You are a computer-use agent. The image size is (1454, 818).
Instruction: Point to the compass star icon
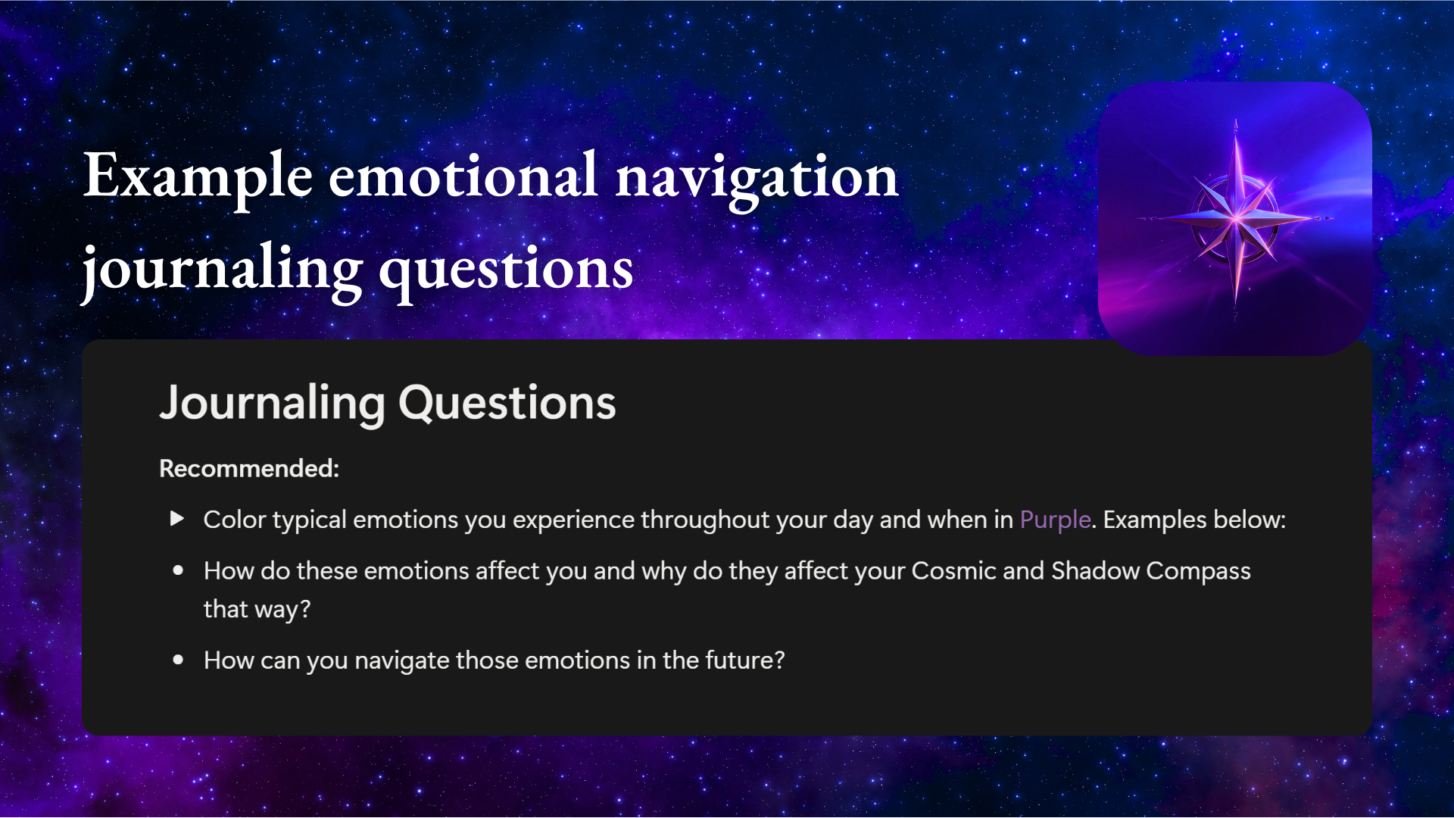1235,218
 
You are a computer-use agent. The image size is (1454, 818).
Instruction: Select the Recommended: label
249,468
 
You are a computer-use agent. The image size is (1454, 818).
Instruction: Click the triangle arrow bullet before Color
177,519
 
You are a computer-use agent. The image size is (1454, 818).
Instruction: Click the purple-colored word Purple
1055,520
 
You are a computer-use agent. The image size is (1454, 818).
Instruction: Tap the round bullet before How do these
178,570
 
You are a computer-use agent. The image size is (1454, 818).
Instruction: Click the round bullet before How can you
178,660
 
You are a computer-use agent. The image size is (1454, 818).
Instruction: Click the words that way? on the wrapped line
257,609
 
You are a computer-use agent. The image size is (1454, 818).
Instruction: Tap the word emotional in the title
463,177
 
